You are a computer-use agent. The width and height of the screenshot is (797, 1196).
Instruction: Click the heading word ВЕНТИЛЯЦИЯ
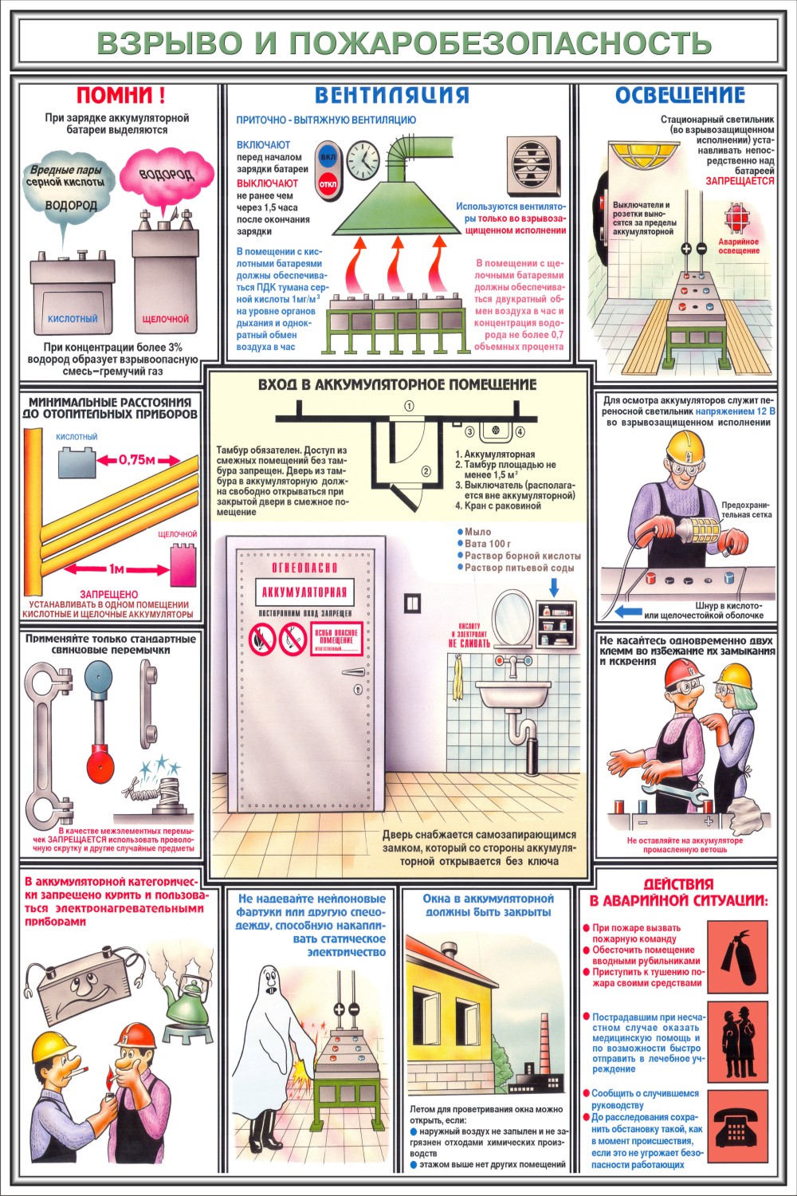pyautogui.click(x=392, y=95)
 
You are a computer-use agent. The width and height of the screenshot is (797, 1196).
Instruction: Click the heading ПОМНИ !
pyautogui.click(x=120, y=96)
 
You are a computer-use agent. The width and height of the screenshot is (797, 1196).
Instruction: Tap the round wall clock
pyautogui.click(x=363, y=160)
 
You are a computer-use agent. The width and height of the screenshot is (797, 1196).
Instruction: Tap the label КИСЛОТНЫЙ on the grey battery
pyautogui.click(x=73, y=319)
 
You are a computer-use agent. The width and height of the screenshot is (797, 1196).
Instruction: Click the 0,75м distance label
pyautogui.click(x=136, y=460)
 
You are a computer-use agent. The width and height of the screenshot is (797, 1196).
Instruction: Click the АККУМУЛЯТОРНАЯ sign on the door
pyautogui.click(x=304, y=592)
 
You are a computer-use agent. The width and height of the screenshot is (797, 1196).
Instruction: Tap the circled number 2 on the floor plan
pyautogui.click(x=426, y=471)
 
